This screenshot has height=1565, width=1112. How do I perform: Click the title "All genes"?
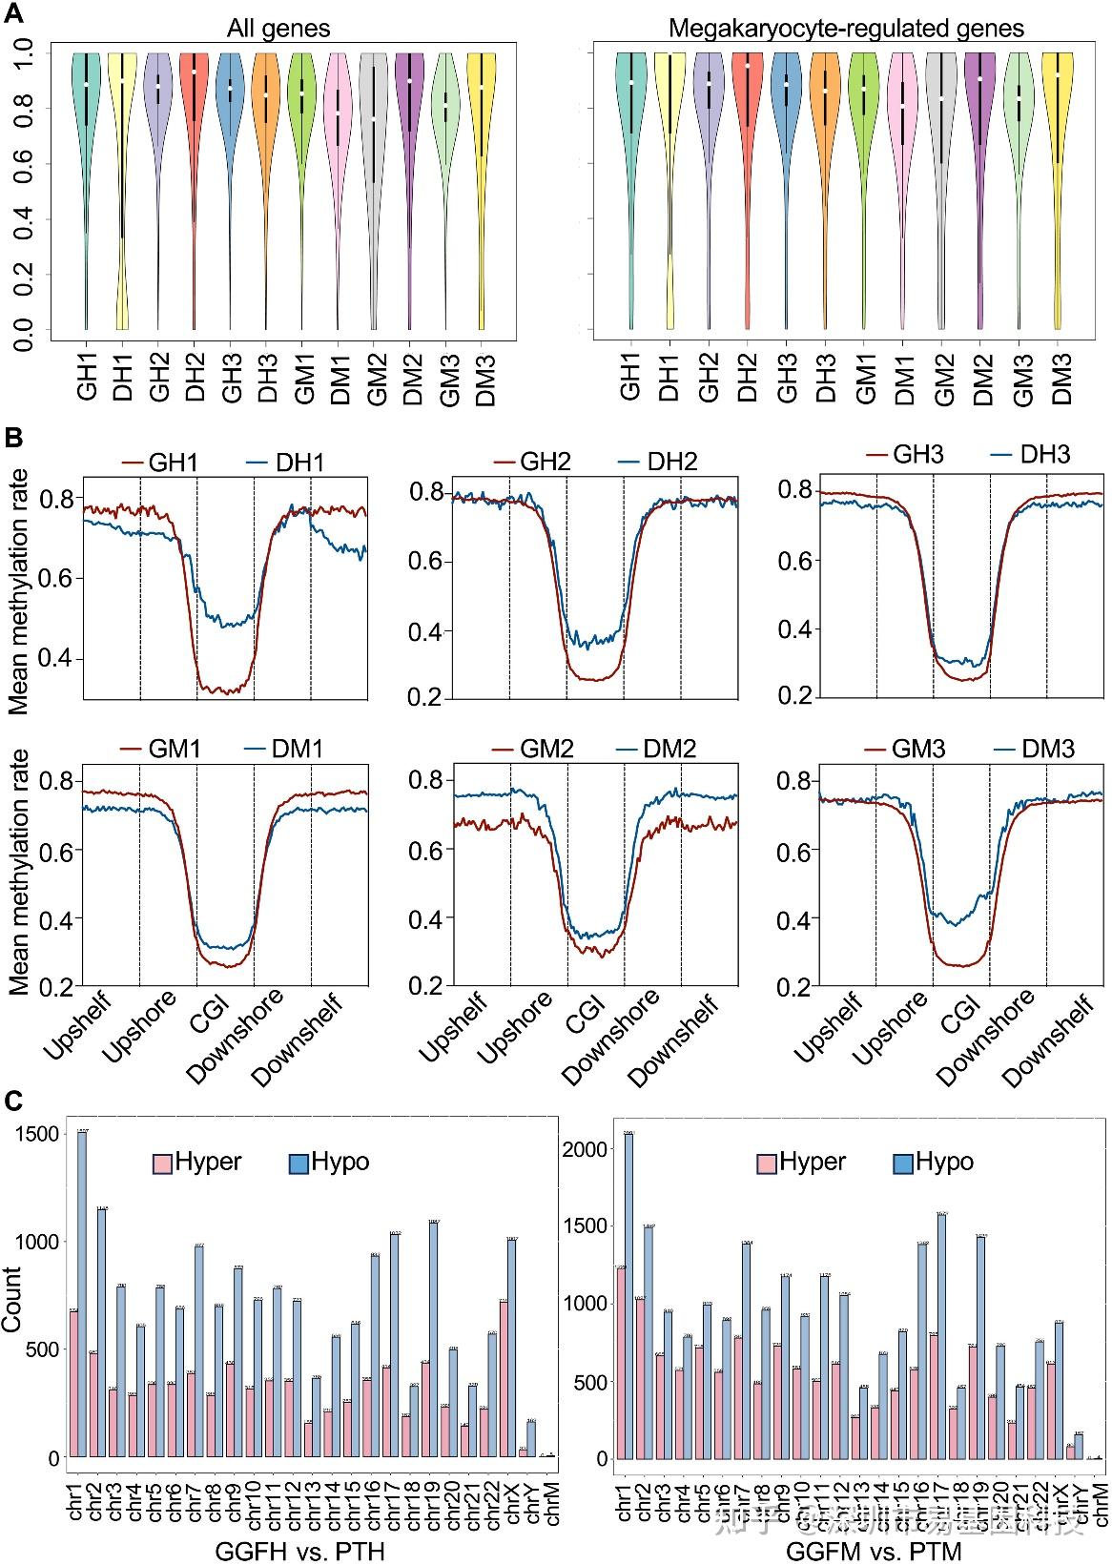point(278,29)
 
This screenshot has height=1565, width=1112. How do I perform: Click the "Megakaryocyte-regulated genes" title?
point(846,29)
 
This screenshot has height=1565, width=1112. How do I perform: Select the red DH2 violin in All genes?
point(195,95)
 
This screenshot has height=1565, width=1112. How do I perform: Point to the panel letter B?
point(14,439)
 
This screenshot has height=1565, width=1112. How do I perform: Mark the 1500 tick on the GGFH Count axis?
point(45,1134)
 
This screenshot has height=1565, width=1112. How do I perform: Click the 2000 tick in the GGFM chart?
point(587,1149)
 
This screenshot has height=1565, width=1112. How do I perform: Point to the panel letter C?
point(14,1102)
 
